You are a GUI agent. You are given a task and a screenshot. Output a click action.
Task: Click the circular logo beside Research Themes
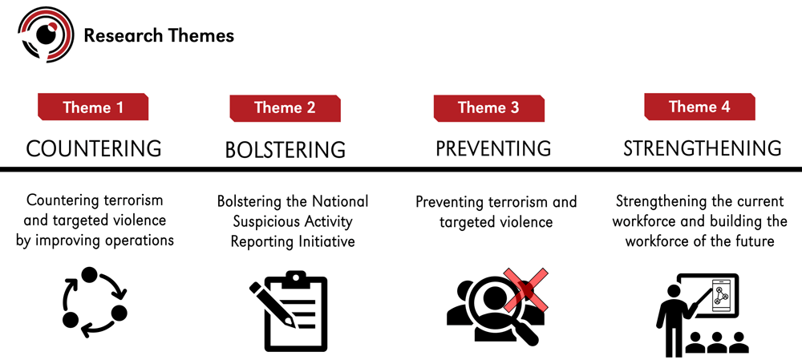click(x=46, y=34)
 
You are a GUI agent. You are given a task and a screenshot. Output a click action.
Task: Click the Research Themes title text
click(x=159, y=36)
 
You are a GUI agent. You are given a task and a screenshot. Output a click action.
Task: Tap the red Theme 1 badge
click(x=93, y=107)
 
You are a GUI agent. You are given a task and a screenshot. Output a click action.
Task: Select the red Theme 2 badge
click(x=285, y=107)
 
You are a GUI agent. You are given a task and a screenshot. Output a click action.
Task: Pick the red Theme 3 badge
click(x=488, y=107)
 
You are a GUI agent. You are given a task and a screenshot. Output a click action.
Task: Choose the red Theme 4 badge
click(x=699, y=107)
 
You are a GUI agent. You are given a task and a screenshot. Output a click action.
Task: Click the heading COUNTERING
click(x=94, y=149)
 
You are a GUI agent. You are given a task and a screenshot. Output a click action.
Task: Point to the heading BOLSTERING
click(x=286, y=150)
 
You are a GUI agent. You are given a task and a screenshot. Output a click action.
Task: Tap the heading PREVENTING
click(x=493, y=148)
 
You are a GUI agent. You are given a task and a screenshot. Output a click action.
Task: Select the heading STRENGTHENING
click(x=703, y=148)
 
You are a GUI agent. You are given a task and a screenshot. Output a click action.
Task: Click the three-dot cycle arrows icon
click(x=95, y=302)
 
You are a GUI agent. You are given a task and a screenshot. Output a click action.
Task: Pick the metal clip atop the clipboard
click(x=296, y=279)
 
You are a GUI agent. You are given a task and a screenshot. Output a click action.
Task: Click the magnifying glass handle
click(x=526, y=334)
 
